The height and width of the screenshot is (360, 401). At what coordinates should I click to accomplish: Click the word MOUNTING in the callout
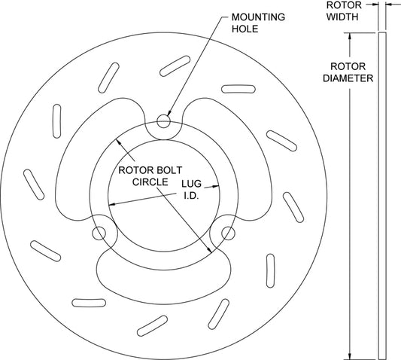[258, 17]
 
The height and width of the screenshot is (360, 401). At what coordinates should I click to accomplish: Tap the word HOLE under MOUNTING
[245, 29]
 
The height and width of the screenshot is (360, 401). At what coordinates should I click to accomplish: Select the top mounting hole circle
[163, 121]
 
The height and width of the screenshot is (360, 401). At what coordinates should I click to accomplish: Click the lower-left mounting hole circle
[99, 233]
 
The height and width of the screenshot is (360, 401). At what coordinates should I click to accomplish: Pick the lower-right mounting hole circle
[228, 233]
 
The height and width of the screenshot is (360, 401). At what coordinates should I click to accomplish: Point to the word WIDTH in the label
[342, 17]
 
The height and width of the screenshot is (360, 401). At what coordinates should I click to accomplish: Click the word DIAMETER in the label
[348, 78]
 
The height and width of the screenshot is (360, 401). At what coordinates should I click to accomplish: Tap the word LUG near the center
[192, 184]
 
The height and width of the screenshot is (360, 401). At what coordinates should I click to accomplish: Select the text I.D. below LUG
[192, 196]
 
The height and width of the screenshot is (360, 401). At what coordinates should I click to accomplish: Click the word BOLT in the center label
[169, 170]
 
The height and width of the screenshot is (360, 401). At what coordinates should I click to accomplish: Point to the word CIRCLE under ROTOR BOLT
[150, 182]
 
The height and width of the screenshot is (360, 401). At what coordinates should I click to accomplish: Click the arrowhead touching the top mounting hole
[169, 113]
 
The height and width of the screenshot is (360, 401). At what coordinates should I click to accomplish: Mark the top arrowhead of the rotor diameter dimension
[350, 36]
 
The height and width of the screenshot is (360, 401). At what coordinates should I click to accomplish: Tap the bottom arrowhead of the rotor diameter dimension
[350, 356]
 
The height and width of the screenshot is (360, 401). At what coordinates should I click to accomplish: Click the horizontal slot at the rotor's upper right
[238, 89]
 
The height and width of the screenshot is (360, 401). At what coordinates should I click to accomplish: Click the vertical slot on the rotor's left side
[56, 121]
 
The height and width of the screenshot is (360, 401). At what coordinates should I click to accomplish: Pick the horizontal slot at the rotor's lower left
[89, 303]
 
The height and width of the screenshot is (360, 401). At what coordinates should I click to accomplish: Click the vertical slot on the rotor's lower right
[270, 271]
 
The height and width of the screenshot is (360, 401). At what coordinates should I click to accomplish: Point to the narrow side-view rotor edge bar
[382, 196]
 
